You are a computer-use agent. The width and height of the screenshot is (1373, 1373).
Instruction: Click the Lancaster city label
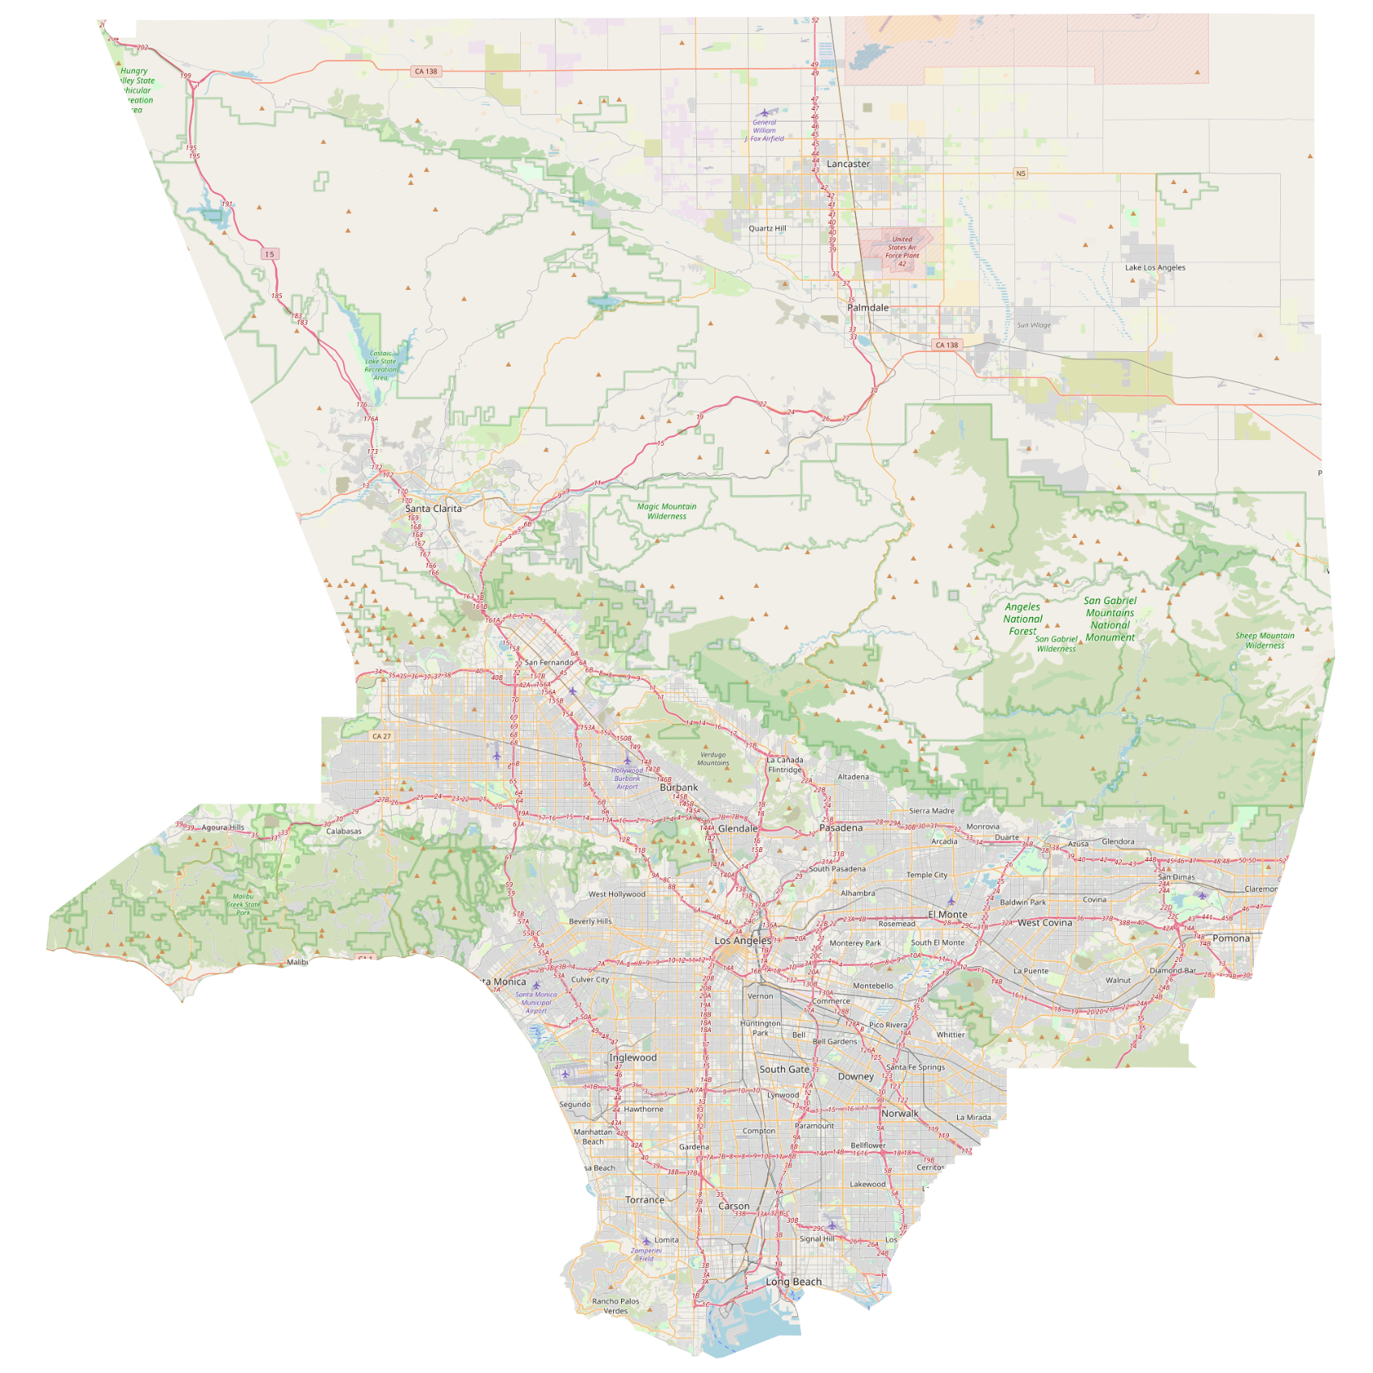pos(848,164)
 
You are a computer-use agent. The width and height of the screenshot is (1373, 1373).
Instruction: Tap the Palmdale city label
pos(867,308)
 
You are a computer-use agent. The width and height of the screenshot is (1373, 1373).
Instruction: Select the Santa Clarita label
pos(434,509)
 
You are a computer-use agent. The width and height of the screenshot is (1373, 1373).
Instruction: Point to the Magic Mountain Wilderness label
pos(666,511)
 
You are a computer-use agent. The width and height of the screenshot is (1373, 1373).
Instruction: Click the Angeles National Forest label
pos(1022,619)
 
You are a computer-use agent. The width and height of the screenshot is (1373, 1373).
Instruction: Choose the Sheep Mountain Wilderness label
pos(1264,640)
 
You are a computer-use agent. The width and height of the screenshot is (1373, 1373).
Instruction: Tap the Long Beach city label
pos(793,1282)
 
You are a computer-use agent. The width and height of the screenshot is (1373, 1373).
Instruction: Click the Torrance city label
pos(645,1200)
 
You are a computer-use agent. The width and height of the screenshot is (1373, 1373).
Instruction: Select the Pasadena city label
pos(841,828)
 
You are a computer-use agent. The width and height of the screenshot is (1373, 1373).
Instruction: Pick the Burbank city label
pos(678,787)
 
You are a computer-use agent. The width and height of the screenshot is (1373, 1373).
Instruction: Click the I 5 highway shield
pos(270,254)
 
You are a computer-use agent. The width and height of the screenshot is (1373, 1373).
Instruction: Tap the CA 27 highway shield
pos(381,737)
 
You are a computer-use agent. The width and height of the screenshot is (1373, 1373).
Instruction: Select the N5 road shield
pos(1021,174)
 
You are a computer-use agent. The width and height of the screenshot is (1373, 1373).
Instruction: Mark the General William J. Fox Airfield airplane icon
pos(764,113)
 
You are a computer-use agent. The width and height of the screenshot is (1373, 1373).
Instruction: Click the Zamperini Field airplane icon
pos(646,1241)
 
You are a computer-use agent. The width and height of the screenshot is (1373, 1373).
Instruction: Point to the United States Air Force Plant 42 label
pos(901,251)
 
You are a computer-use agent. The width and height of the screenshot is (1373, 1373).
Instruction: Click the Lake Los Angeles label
pos(1155,267)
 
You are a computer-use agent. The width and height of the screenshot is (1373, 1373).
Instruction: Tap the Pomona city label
pos(1231,938)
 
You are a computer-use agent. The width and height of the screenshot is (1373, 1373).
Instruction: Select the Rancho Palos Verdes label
pos(615,1306)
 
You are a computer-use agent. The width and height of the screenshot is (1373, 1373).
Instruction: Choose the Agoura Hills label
pos(223,828)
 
